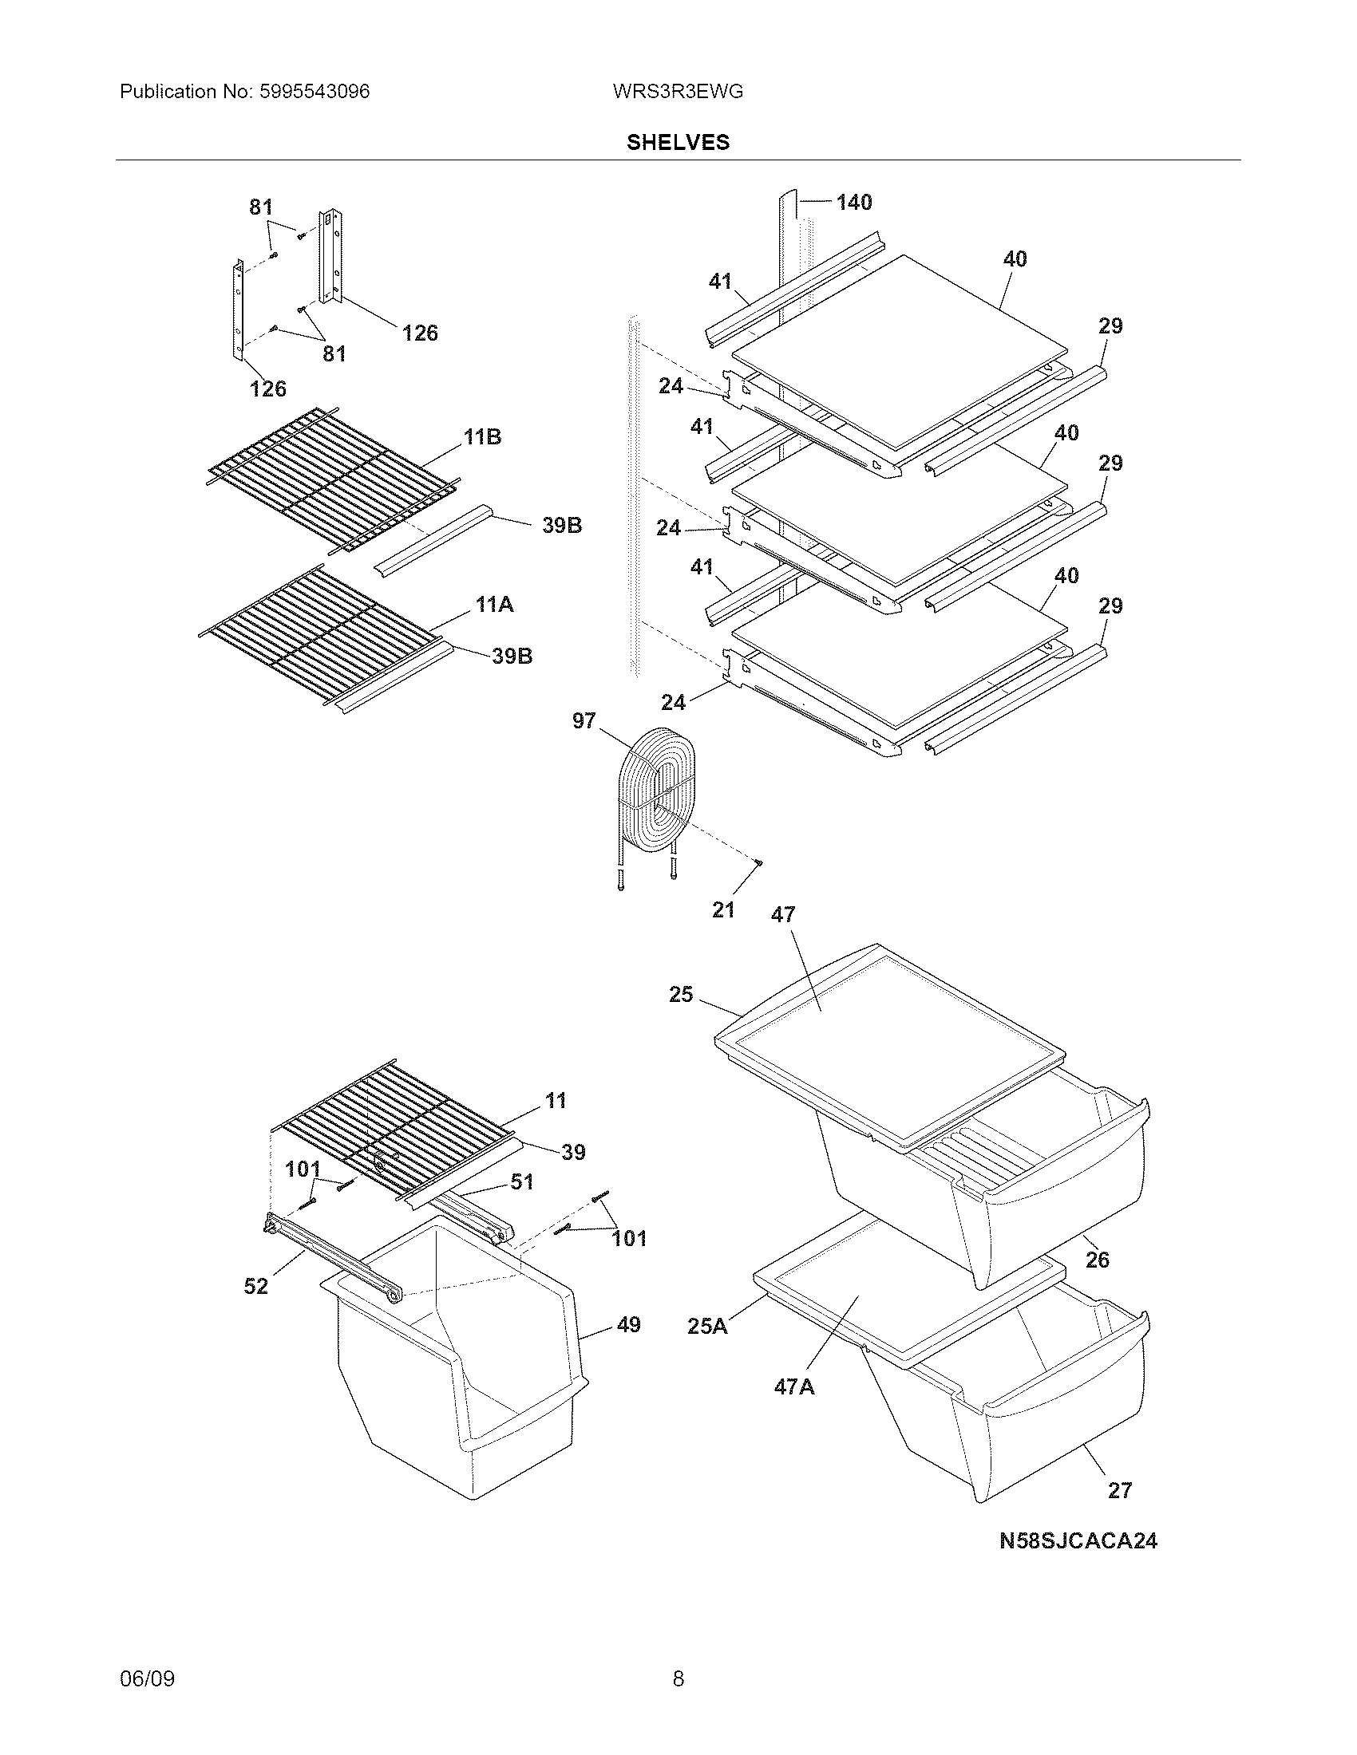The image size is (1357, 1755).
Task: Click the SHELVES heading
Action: (678, 142)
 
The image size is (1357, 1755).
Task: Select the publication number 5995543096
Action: (315, 92)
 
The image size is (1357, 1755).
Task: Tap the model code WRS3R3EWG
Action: (677, 92)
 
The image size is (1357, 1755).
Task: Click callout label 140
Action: (854, 203)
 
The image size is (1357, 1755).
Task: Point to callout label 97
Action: (584, 721)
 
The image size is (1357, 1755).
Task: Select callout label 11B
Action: (482, 437)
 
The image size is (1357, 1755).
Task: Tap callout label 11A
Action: (494, 605)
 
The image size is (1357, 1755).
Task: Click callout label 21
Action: (723, 909)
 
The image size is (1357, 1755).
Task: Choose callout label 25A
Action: (707, 1326)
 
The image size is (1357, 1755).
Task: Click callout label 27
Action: (1120, 1491)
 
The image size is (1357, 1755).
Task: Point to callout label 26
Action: (1098, 1259)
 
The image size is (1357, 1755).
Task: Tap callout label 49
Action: (629, 1324)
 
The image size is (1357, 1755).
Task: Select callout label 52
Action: (255, 1287)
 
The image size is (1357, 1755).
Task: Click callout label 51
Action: (522, 1182)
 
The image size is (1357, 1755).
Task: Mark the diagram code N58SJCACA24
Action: (1078, 1540)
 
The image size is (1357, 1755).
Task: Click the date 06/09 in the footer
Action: (147, 1678)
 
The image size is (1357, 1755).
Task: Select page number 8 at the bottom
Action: (678, 1678)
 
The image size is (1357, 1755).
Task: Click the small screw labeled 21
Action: (758, 863)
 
